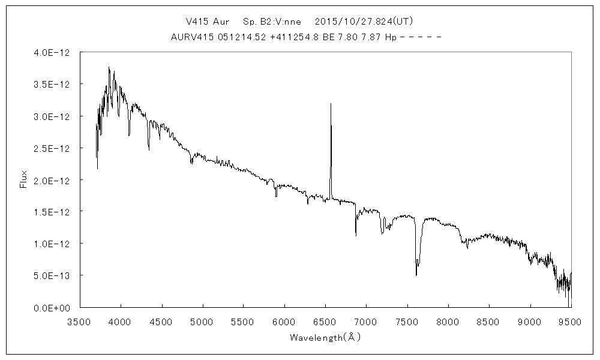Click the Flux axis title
click(24, 179)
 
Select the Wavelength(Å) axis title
click(325, 337)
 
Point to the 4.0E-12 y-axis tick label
click(53, 53)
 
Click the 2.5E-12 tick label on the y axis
click(53, 148)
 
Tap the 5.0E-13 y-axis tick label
click(53, 275)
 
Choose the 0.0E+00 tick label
click(53, 307)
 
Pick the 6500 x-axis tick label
click(325, 321)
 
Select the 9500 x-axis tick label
click(571, 321)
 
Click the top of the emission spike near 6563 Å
click(331, 104)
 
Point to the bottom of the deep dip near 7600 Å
click(416, 275)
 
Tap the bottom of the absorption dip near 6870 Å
click(356, 235)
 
